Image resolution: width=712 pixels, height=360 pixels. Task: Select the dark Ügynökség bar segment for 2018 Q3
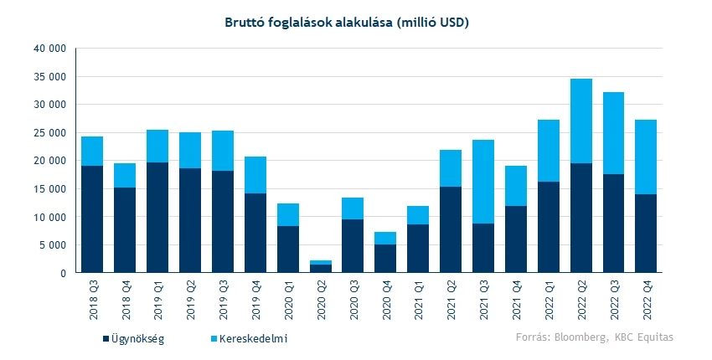click(92, 219)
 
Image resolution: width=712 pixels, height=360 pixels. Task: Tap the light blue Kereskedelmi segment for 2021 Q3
click(483, 182)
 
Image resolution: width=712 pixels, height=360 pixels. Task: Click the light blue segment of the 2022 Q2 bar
click(581, 121)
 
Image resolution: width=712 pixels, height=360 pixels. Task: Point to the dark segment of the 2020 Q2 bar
click(321, 269)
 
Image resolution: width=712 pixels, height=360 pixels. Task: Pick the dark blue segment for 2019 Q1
click(157, 218)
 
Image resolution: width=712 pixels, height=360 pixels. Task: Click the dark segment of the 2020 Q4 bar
click(385, 259)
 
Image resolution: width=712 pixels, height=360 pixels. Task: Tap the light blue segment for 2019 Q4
click(255, 175)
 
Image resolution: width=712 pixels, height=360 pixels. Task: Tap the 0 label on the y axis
click(62, 273)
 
